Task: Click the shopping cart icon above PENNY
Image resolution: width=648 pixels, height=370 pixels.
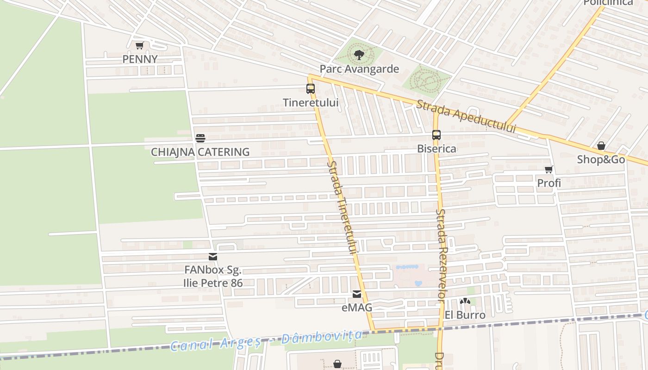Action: tap(139, 45)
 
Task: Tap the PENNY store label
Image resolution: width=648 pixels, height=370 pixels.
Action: tap(140, 59)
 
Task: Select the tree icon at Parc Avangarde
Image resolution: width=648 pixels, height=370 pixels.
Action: tap(358, 55)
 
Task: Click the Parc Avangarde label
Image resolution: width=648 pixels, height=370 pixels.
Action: tap(359, 69)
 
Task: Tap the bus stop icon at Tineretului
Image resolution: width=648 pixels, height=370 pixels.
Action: tap(311, 89)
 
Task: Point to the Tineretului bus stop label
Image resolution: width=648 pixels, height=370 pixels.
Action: tap(311, 103)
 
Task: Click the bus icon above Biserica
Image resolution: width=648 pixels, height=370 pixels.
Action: tap(436, 135)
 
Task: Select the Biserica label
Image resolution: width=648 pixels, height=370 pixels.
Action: tap(436, 148)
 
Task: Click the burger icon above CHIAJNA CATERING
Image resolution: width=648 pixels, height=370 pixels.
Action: tap(200, 138)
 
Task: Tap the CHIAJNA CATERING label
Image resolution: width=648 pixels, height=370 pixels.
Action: tap(200, 152)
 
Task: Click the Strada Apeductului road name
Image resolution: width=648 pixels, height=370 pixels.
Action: tap(466, 117)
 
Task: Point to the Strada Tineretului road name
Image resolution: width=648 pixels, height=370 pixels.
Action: tap(343, 207)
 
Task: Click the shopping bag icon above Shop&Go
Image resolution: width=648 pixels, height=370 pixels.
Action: tap(601, 146)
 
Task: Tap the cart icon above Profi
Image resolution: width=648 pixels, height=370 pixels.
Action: tap(549, 169)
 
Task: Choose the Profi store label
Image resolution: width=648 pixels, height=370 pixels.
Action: tap(549, 183)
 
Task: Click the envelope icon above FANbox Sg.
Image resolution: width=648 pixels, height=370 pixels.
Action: tap(213, 257)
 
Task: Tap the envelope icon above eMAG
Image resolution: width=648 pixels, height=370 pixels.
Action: tap(356, 294)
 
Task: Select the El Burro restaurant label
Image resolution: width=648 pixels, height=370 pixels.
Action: tap(465, 315)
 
